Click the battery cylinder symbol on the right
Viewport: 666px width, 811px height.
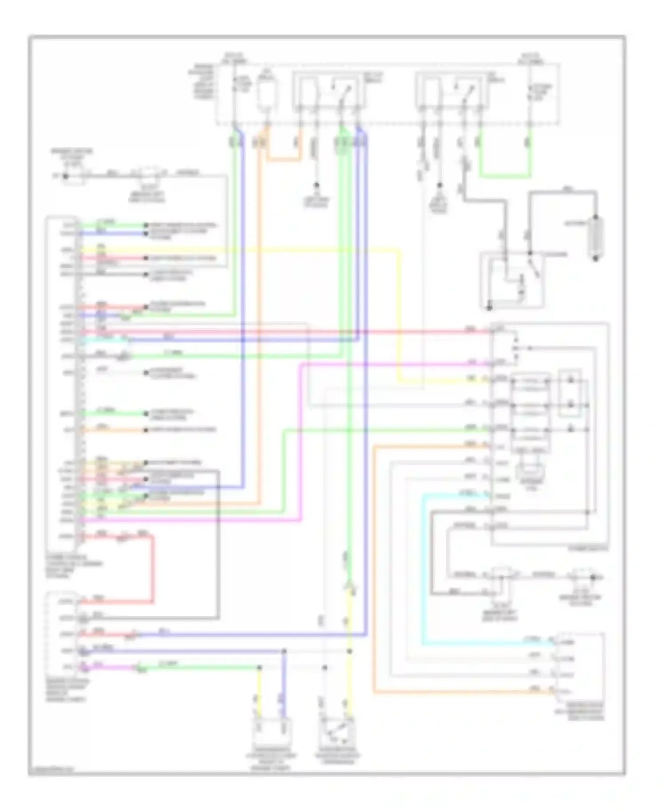596,237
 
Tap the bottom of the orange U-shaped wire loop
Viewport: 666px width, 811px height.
283,158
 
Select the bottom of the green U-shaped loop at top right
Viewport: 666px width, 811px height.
505,177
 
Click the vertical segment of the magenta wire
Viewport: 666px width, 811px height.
301,441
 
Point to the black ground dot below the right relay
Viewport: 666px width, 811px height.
439,185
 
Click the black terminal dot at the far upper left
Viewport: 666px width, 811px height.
66,176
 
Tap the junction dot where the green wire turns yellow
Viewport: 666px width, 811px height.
259,667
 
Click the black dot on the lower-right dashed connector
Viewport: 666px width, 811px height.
592,577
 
